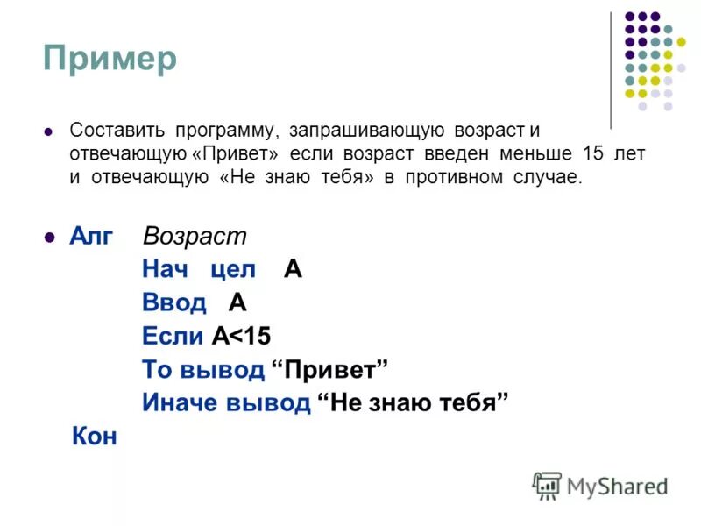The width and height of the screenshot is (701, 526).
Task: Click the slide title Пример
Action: tap(110, 59)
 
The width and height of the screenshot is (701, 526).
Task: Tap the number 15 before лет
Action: tap(593, 154)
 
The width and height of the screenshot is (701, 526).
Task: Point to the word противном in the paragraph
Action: tap(469, 177)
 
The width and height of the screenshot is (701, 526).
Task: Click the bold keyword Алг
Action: tap(91, 237)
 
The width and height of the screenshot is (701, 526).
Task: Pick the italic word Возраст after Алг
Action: tap(195, 237)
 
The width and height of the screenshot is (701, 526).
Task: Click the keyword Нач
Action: tap(166, 270)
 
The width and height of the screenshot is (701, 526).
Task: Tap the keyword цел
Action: tap(233, 270)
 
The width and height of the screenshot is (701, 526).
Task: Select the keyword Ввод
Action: tap(174, 303)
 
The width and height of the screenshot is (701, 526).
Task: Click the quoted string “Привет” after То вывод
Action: tap(330, 370)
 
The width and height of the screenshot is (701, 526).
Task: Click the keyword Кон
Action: tap(94, 437)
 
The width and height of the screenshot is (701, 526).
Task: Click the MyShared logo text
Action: tap(617, 485)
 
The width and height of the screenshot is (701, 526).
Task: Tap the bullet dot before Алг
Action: tap(49, 237)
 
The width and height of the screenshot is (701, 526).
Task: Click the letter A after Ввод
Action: tap(237, 303)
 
